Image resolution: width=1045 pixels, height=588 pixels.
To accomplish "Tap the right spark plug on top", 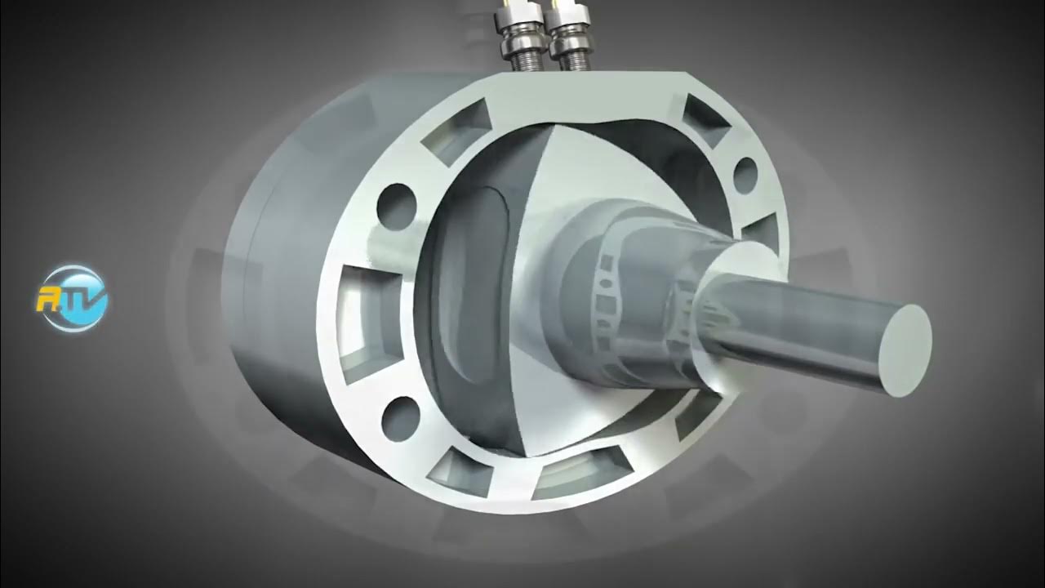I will pos(569,37).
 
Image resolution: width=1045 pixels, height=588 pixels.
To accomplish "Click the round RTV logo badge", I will pos(74,297).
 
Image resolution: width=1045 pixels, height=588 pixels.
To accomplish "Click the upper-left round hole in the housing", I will pos(395,200).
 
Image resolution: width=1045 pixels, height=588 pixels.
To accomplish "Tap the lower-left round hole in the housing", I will pos(401,414).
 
